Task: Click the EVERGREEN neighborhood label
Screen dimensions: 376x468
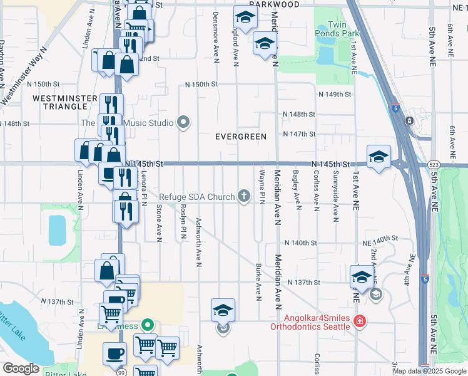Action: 241,136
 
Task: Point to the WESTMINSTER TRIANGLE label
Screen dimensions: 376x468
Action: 64,103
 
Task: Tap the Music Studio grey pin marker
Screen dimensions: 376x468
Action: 183,122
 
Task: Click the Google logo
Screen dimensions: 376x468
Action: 21,368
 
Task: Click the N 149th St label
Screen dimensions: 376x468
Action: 335,94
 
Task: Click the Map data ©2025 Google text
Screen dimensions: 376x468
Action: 429,371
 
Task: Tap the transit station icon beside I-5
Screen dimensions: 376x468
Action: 409,120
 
